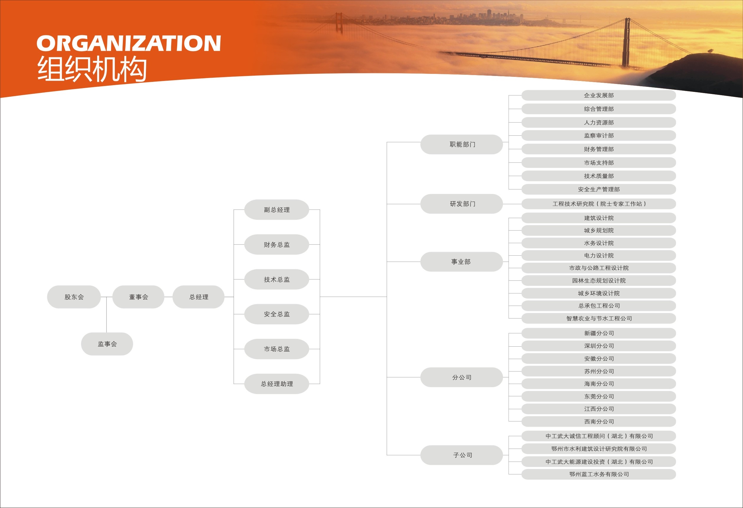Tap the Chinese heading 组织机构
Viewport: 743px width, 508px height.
coord(92,69)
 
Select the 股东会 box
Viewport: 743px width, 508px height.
coord(74,297)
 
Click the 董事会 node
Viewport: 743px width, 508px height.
coord(139,297)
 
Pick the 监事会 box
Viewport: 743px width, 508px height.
coord(107,344)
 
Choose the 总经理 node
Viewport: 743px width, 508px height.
coord(198,297)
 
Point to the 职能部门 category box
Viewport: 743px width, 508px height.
coord(462,144)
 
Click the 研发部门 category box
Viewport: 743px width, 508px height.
coord(462,204)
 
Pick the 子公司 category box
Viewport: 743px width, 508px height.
coord(462,455)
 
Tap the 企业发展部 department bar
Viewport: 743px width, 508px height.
coord(599,95)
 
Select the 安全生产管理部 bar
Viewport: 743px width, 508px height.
coord(599,189)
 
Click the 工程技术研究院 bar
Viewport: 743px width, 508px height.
coord(599,204)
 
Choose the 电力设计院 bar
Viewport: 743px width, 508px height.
coord(599,256)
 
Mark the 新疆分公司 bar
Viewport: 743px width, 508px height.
coord(599,333)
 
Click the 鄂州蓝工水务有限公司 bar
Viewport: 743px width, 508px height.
coord(599,474)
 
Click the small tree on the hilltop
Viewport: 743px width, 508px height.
coord(711,51)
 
